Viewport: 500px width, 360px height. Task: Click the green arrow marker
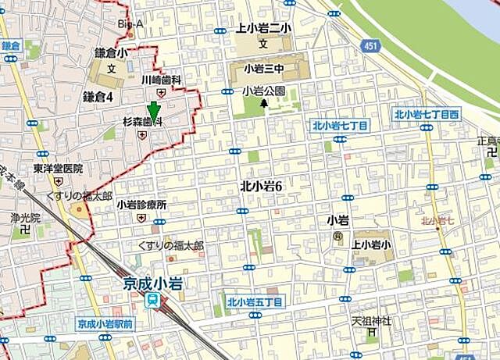154,111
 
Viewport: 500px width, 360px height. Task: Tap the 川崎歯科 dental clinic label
161,80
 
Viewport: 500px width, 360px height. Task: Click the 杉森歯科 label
142,123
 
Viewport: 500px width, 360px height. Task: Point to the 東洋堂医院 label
58,168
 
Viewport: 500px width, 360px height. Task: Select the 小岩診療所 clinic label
141,205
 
